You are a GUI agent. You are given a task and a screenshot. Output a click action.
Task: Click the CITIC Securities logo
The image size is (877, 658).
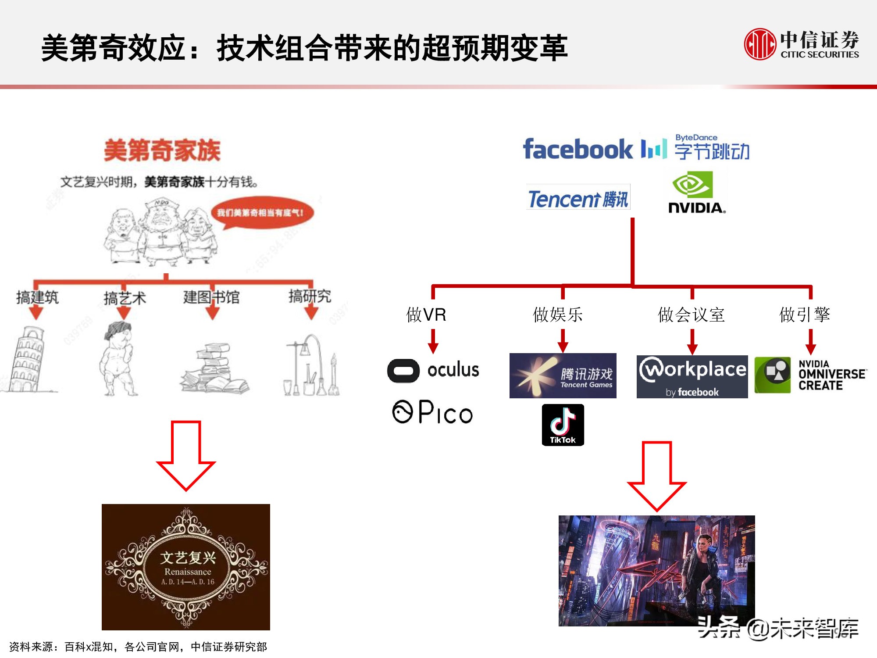point(801,44)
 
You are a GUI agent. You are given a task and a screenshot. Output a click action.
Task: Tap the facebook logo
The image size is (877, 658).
point(578,149)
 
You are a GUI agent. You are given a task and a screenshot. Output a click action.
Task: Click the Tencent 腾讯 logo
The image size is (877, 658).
point(578,198)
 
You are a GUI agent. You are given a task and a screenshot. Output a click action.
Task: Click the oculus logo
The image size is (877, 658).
point(433,370)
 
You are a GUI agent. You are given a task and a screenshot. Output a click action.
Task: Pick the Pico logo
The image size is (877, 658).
point(432,412)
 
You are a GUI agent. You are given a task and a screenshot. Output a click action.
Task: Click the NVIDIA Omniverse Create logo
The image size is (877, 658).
point(810,375)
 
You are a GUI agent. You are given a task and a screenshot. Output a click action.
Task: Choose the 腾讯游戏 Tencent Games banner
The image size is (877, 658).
point(563,375)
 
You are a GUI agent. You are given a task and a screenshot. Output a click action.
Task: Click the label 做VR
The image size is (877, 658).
point(426,315)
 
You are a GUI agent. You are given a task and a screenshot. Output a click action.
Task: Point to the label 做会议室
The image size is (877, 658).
point(691,315)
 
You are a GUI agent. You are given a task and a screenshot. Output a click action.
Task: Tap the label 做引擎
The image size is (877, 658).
point(805,315)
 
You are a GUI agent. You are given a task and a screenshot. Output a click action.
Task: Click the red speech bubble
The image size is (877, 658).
point(262,213)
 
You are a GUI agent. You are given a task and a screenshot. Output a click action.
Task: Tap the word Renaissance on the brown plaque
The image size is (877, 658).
point(188,572)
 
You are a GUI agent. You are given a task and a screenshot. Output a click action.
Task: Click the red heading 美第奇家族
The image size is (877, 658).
point(162,150)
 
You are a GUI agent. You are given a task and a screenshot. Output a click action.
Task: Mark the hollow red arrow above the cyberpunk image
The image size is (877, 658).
point(657,476)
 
